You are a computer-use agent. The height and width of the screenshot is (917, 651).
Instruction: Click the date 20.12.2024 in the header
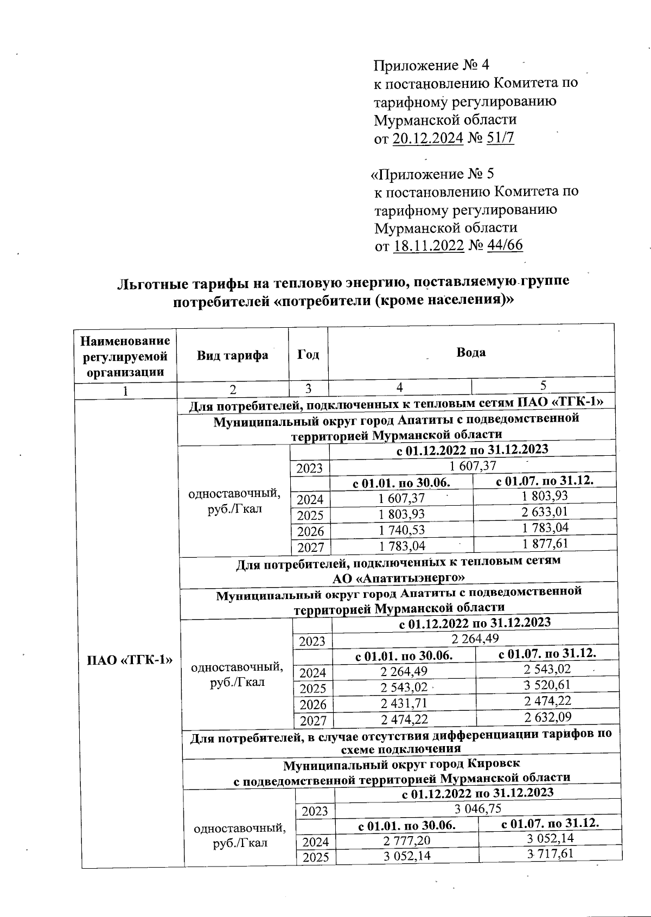[x=427, y=138]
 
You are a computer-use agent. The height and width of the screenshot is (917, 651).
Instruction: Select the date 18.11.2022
[x=428, y=246]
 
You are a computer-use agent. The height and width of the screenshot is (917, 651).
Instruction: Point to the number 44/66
[x=505, y=246]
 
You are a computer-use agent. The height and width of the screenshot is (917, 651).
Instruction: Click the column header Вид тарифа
[x=232, y=355]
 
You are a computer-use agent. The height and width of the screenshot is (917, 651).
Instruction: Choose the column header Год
[x=308, y=355]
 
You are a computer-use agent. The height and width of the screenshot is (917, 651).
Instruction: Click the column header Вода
[x=470, y=352]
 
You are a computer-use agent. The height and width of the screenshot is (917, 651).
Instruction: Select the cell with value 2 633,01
[x=545, y=512]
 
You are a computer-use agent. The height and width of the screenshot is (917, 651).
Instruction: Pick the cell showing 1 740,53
[x=401, y=530]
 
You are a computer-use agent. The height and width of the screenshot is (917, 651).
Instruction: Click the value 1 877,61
[x=545, y=543]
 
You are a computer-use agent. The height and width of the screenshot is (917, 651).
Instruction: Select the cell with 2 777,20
[x=406, y=840]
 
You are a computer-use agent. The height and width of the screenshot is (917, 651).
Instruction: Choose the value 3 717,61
[x=550, y=854]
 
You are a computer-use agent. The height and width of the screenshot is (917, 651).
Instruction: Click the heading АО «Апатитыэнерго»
[x=399, y=578]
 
